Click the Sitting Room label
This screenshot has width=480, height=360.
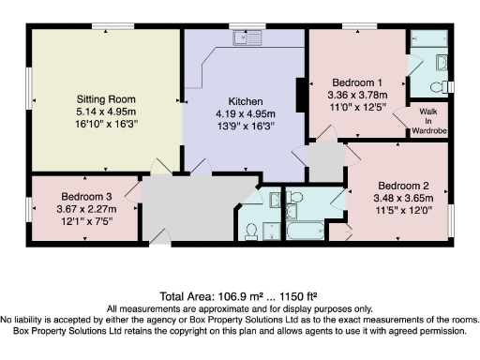coord(106,98)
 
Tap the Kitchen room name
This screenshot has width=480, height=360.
coord(245,101)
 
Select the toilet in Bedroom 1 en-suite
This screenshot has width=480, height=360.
coord(437,86)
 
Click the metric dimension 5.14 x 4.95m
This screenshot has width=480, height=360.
coord(106,110)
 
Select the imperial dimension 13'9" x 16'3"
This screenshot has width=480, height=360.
coord(245,126)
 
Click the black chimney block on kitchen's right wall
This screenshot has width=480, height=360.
coord(300,96)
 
